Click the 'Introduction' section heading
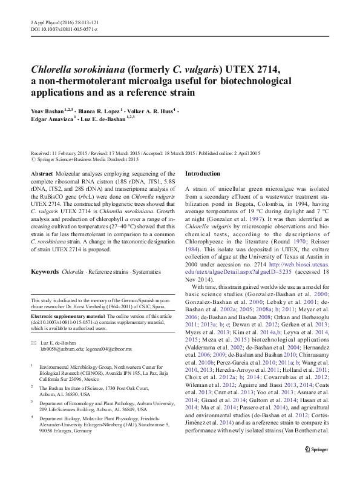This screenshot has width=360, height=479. (203, 174)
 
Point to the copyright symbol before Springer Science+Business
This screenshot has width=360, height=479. (33, 160)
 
